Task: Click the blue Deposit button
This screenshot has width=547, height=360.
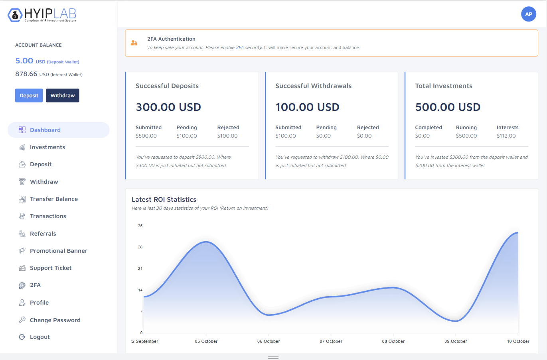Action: click(29, 96)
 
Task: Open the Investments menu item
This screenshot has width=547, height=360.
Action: click(47, 147)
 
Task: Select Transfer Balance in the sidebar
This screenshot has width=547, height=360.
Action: click(53, 199)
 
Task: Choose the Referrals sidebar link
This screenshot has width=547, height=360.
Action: click(43, 234)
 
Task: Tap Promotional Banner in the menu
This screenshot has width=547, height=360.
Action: click(58, 251)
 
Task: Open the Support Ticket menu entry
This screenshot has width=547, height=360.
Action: click(50, 268)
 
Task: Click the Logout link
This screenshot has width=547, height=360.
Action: click(39, 337)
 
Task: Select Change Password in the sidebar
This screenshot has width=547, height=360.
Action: click(55, 320)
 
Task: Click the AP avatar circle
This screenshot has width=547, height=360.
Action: click(528, 14)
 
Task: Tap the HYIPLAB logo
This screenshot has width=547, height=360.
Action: click(42, 15)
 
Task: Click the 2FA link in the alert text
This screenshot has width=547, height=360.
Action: click(239, 47)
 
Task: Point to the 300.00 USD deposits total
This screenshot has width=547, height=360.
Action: click(168, 107)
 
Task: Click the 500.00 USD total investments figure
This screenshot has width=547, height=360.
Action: click(447, 107)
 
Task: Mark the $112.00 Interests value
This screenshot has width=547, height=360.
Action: click(506, 136)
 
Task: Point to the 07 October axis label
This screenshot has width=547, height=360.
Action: click(331, 341)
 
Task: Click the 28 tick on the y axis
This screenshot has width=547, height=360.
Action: click(140, 247)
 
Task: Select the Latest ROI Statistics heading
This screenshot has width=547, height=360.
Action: click(164, 199)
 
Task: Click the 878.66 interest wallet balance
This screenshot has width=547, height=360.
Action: click(26, 74)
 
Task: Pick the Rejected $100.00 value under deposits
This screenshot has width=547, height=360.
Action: click(227, 136)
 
